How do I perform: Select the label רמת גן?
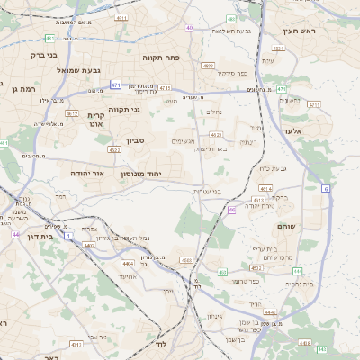22,89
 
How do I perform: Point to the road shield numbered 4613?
266,188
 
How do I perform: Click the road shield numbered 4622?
114,149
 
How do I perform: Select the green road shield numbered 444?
298,271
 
